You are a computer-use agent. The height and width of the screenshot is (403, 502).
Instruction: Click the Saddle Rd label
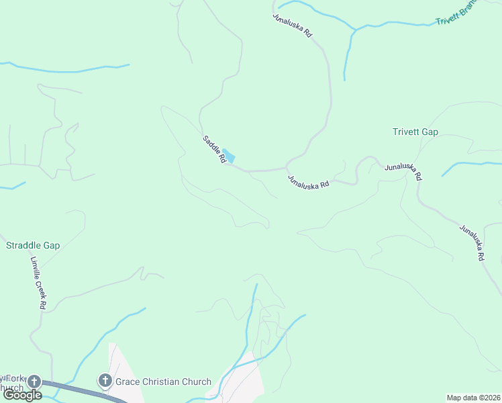click(213, 150)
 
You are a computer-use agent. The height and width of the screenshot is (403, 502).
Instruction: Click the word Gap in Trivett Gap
click(430, 132)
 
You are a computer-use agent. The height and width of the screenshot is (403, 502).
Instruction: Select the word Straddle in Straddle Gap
click(24, 245)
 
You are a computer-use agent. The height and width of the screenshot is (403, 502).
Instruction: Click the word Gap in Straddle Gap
click(51, 245)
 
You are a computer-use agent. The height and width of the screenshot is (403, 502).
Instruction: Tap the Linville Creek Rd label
click(38, 283)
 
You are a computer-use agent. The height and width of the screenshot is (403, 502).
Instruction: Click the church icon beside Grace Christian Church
click(105, 382)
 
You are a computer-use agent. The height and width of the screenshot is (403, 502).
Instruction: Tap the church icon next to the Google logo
click(34, 382)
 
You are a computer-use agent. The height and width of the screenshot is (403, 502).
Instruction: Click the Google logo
click(22, 395)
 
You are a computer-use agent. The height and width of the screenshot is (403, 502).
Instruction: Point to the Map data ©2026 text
click(473, 397)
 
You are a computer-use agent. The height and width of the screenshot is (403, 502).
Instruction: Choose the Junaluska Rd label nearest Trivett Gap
click(403, 171)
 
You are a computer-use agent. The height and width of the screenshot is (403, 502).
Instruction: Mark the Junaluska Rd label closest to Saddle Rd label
click(308, 181)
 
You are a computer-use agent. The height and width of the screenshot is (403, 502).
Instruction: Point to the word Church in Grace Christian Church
click(196, 382)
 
